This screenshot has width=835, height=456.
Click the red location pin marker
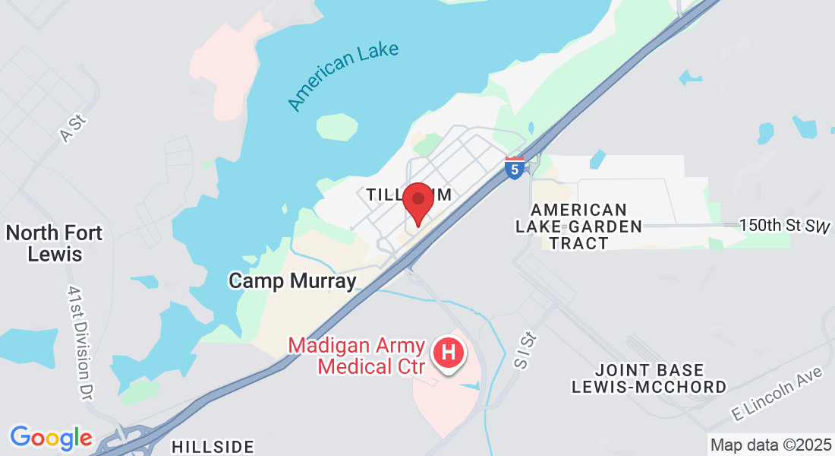[417, 201]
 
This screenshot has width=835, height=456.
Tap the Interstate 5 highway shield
[514, 169]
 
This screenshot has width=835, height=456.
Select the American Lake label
[343, 77]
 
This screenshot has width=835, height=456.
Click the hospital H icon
[448, 353]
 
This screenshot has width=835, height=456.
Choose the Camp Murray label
[292, 281]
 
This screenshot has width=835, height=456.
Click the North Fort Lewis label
[55, 242]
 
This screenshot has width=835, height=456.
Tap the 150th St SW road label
[786, 226]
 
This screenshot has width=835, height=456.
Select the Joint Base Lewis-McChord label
[649, 378]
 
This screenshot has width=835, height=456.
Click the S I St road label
[521, 351]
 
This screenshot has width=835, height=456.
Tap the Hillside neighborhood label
[213, 447]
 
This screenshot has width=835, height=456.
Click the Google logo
[51, 438]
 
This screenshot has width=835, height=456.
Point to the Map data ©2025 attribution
[770, 445]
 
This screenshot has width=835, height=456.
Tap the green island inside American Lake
[337, 127]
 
